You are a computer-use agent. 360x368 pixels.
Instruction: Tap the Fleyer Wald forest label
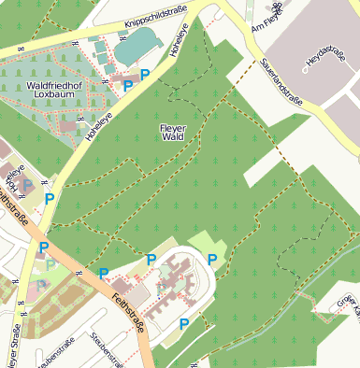coord(175,132)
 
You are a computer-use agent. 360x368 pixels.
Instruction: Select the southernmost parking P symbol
coord(184,324)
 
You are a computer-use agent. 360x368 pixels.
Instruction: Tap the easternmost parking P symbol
coord(212,259)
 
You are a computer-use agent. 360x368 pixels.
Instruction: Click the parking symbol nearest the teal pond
coord(145,74)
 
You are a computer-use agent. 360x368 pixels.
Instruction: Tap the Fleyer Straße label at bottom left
coord(17,346)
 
